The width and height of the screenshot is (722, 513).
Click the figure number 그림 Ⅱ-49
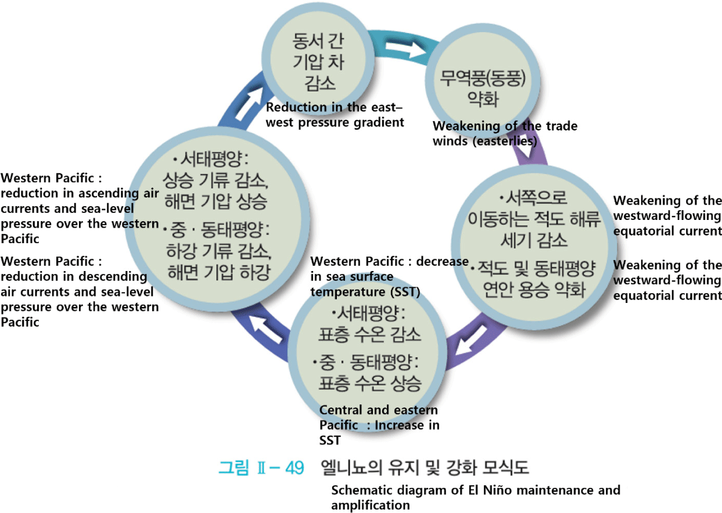[x=261, y=467]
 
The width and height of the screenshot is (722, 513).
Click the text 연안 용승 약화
[x=534, y=288]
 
